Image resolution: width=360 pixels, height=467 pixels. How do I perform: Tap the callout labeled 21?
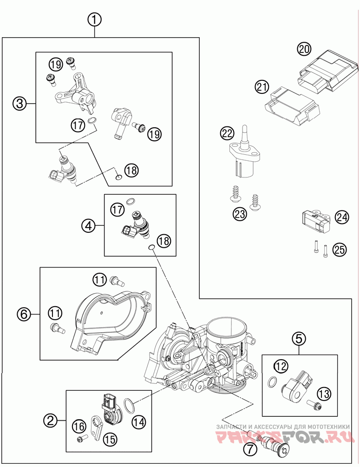click(262, 87)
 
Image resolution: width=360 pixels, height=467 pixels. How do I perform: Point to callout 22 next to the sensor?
click(228, 133)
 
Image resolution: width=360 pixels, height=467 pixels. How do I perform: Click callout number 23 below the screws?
click(240, 214)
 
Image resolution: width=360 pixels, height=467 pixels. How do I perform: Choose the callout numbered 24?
click(342, 217)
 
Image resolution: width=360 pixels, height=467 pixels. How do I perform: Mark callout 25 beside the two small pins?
click(340, 249)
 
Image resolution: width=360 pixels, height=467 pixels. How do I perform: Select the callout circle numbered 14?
click(139, 422)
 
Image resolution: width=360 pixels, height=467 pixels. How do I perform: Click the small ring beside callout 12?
click(272, 382)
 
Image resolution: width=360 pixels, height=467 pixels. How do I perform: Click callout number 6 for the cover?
click(24, 314)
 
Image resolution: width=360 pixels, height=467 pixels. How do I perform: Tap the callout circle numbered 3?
click(20, 104)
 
